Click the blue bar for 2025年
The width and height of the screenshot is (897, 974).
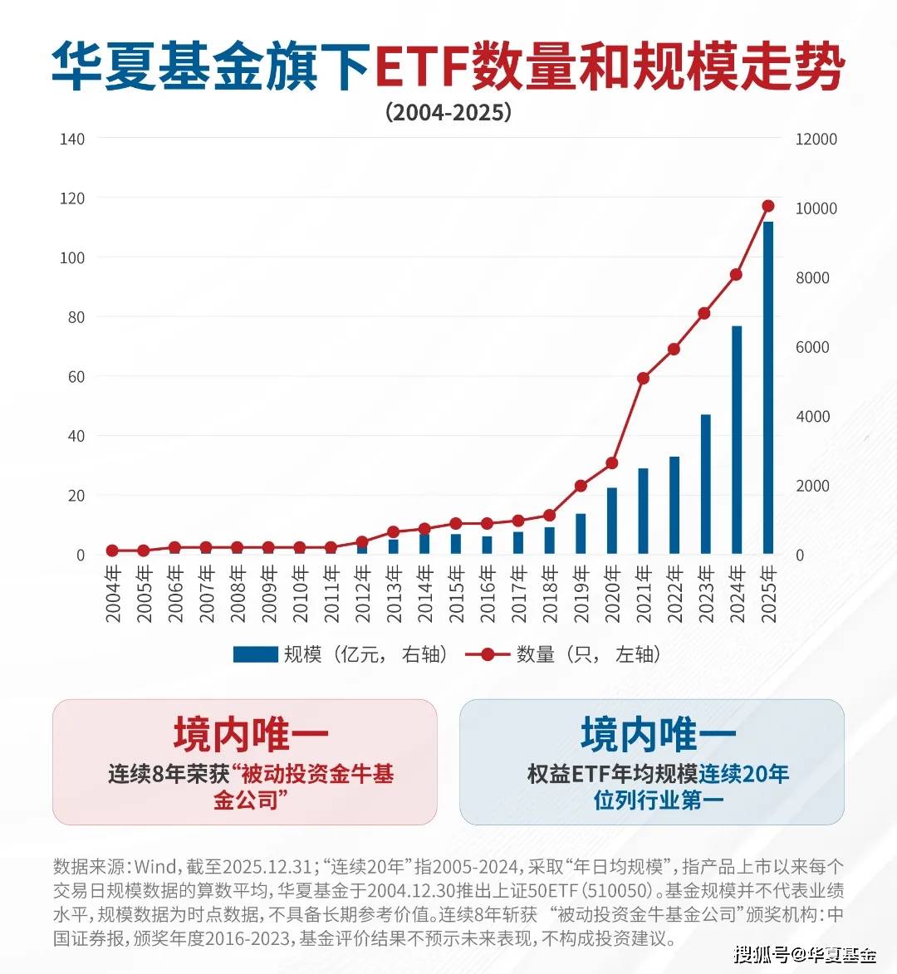(x=768, y=388)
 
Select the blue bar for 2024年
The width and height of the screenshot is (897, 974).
(x=737, y=440)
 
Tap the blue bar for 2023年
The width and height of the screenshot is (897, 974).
(x=706, y=484)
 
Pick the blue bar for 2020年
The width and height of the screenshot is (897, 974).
(x=612, y=521)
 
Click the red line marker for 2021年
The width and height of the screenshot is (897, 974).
(x=643, y=379)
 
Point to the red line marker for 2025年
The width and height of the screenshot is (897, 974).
(x=768, y=206)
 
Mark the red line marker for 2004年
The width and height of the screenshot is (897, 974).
(x=112, y=551)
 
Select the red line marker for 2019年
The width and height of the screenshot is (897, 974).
(x=581, y=486)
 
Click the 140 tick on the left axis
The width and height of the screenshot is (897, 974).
(x=72, y=139)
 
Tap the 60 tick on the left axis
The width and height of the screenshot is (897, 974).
(x=75, y=377)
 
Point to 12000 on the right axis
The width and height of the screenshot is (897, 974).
(x=816, y=139)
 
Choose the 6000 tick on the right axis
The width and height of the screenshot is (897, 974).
(x=812, y=347)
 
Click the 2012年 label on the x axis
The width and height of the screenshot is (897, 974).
(x=363, y=594)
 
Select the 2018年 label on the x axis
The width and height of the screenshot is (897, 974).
(x=550, y=594)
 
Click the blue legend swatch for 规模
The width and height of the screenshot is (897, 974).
(x=255, y=654)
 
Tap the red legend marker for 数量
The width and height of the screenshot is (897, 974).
(x=488, y=654)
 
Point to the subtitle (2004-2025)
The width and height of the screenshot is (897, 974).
(x=448, y=112)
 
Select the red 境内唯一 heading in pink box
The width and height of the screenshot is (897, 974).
(x=251, y=734)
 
